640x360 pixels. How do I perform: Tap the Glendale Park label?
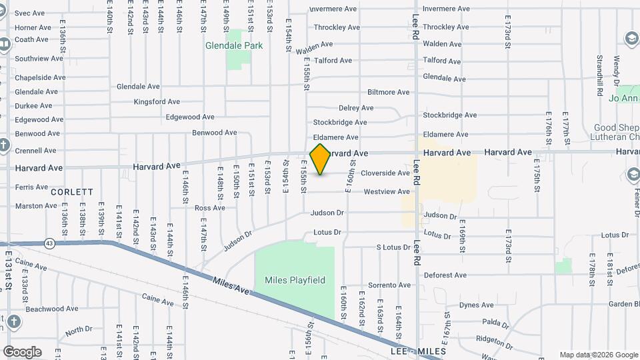pos(235,46)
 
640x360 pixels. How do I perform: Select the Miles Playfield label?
pos(295,280)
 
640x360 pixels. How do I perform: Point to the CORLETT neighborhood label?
pos(72,191)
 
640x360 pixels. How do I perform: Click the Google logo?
pos(22,351)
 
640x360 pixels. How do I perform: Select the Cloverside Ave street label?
pos(385,173)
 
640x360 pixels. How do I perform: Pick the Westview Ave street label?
pos(387,192)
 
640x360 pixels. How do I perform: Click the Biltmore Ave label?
pos(389,92)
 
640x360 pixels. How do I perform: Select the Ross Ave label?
pos(210,208)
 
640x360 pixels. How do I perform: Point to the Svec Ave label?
pos(29,13)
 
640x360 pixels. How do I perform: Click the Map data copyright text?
pos(598,355)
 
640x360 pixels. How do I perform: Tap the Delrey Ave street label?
pos(356,108)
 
